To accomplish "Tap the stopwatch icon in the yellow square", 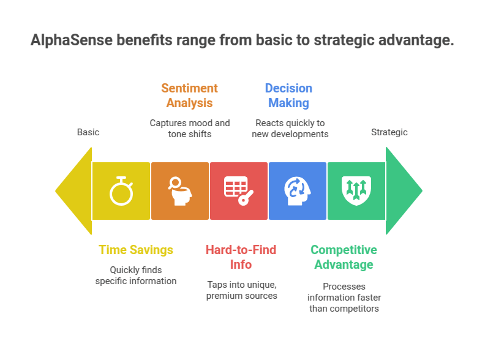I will tap(121, 190).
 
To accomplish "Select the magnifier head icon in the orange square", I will tap(180, 190).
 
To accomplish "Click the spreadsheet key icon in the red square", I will tap(239, 190).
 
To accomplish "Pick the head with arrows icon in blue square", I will tap(298, 190).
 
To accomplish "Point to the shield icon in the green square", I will tap(356, 190).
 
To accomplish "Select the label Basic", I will tap(88, 132).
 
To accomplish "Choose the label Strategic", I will tap(389, 132).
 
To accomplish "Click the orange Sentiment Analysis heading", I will tap(190, 96).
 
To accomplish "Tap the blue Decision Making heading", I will tap(288, 96).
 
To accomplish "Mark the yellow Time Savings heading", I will tap(136, 250).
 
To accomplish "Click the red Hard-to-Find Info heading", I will tap(241, 257).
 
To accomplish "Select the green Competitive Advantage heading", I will tap(344, 257).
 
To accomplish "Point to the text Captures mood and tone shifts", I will tap(190, 128).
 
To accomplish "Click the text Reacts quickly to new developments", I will tap(290, 128).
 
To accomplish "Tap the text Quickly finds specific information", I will tap(136, 275).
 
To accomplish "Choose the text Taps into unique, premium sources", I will tap(241, 290).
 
